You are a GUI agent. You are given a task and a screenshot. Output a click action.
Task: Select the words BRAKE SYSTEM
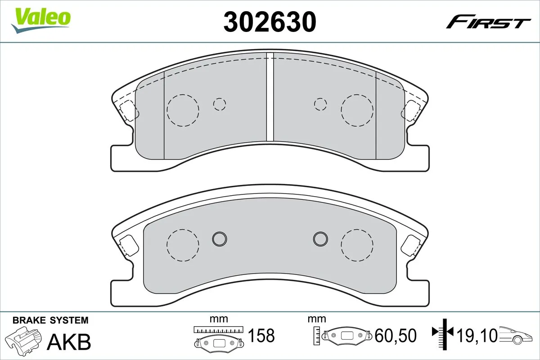pyautogui.click(x=50, y=320)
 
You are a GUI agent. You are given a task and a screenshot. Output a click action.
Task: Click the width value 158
pyautogui.click(x=261, y=336)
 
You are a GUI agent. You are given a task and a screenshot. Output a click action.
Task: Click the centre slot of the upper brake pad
pyautogui.click(x=270, y=97)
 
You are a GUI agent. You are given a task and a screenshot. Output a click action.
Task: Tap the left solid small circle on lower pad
pyautogui.click(x=220, y=238)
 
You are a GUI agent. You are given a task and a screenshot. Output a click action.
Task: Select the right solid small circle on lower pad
pyautogui.click(x=321, y=238)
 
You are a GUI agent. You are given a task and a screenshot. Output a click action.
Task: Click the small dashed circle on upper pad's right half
pyautogui.click(x=320, y=104)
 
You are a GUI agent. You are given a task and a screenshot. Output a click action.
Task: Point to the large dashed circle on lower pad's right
pyautogui.click(x=357, y=245)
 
